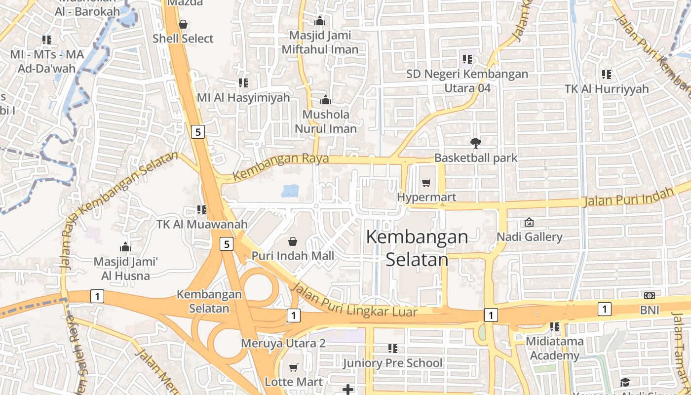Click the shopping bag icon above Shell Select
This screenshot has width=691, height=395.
[x=183, y=24]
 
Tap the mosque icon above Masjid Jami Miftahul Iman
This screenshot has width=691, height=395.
[x=320, y=21]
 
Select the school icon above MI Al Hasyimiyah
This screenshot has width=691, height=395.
[x=243, y=82]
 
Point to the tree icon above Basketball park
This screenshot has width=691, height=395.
[x=476, y=143]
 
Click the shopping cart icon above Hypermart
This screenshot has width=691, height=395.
[x=426, y=183]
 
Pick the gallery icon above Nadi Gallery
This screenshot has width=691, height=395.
[x=529, y=222]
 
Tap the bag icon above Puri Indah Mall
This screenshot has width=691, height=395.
[x=293, y=241]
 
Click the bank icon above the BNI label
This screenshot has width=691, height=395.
[x=650, y=295]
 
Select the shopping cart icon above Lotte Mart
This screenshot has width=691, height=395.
[x=294, y=367]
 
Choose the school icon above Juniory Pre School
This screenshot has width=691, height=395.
[x=393, y=349]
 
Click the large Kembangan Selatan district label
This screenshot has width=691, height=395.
[x=417, y=248]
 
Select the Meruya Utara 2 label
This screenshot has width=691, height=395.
[x=283, y=343]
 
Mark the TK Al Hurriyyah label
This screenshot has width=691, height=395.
[x=607, y=89]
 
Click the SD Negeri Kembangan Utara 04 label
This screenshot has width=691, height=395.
[x=467, y=81]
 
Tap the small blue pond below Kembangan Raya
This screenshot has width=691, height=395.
[x=290, y=191]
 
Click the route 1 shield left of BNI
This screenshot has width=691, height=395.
[x=604, y=309]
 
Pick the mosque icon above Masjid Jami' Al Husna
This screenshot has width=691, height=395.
[x=125, y=247]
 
